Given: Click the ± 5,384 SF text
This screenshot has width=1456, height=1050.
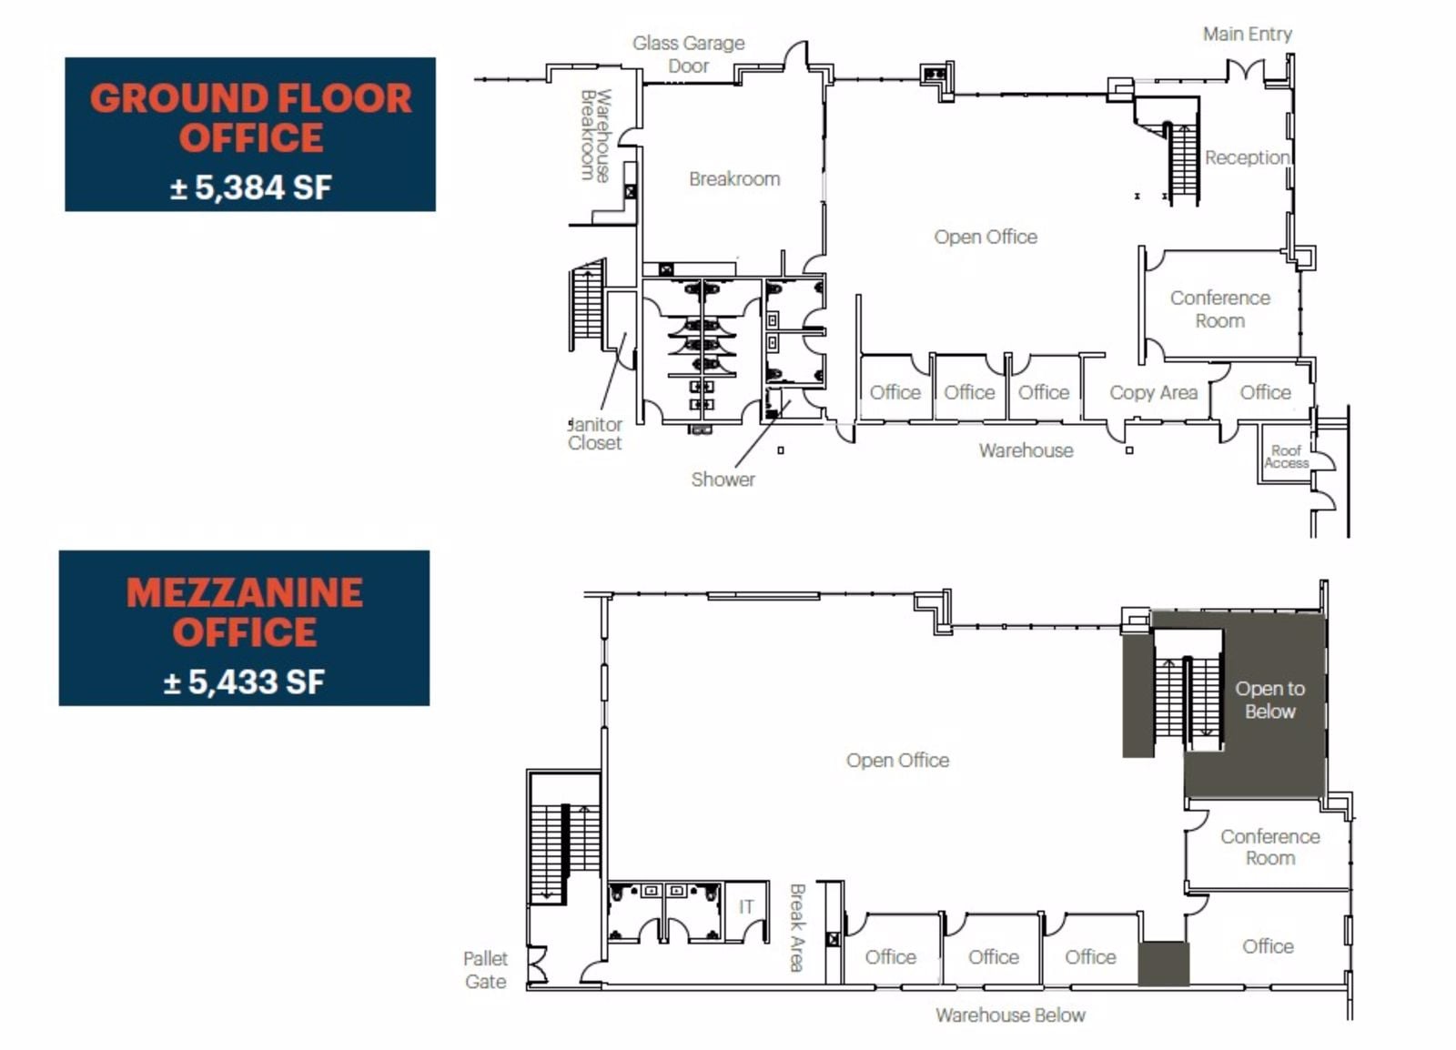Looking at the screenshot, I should pos(250,187).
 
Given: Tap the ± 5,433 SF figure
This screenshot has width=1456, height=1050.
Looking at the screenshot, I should pos(244,681).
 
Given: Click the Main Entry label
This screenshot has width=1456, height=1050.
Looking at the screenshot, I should pos(1247,34).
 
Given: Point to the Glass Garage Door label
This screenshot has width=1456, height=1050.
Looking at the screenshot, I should pos(688,55).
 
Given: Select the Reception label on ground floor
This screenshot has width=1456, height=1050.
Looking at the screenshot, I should pos(1247,157).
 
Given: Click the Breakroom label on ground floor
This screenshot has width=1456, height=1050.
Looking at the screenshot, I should pos(733,178).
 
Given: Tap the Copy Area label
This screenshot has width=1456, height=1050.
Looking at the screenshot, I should pos(1153,392).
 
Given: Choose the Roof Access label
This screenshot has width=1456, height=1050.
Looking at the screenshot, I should pos(1286,456).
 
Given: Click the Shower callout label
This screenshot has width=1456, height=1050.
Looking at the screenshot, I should pos(723,479).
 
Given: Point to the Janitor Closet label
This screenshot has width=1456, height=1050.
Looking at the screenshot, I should pos(595,433).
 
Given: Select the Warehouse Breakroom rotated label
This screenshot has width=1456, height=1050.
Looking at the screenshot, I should pos(595,135).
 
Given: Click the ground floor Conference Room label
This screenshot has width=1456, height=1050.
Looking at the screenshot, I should pos(1219,308).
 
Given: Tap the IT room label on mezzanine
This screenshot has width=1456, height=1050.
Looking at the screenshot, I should pos(746,906).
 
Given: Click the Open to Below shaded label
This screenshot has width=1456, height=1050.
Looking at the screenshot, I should pos(1269,700).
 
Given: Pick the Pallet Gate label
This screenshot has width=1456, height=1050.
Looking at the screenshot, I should pos(485,969).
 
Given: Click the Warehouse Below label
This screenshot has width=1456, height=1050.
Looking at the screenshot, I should pos(1010,1015).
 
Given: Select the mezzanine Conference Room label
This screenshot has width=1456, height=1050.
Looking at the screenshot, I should pos(1269,846).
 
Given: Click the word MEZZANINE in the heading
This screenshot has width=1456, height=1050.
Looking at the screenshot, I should pos(244,592).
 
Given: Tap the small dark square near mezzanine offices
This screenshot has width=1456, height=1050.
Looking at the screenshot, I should pos(1163,963).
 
